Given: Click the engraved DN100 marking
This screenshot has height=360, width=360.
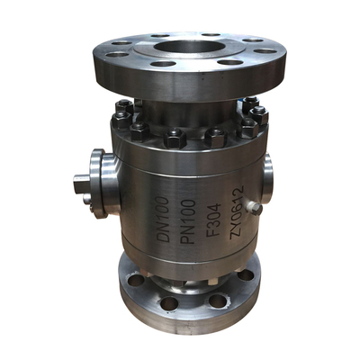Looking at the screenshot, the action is click(165, 220).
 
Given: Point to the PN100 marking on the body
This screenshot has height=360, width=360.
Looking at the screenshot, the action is click(189, 221).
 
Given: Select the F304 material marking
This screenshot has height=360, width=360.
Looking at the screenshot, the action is click(214, 220).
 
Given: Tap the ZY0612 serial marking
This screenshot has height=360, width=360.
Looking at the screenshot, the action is click(237, 212).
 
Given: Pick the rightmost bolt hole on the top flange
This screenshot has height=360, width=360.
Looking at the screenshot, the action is click(265, 51).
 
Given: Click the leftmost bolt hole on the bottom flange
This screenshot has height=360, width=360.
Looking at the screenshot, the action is click(136, 280).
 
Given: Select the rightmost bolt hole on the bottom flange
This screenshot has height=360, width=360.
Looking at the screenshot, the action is click(246, 274).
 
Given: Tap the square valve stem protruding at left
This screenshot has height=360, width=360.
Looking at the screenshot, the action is click(82, 184).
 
